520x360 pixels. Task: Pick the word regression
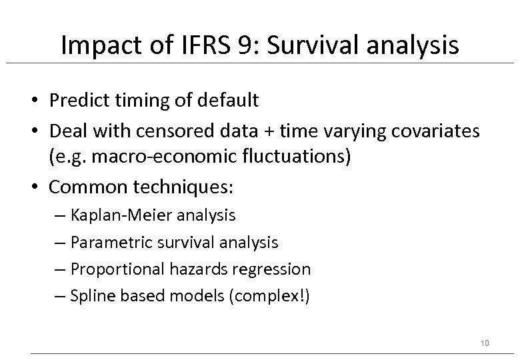[273, 269]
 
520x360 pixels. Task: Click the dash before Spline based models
[62, 296]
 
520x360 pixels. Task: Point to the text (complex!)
[269, 296]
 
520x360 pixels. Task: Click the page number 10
[485, 343]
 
